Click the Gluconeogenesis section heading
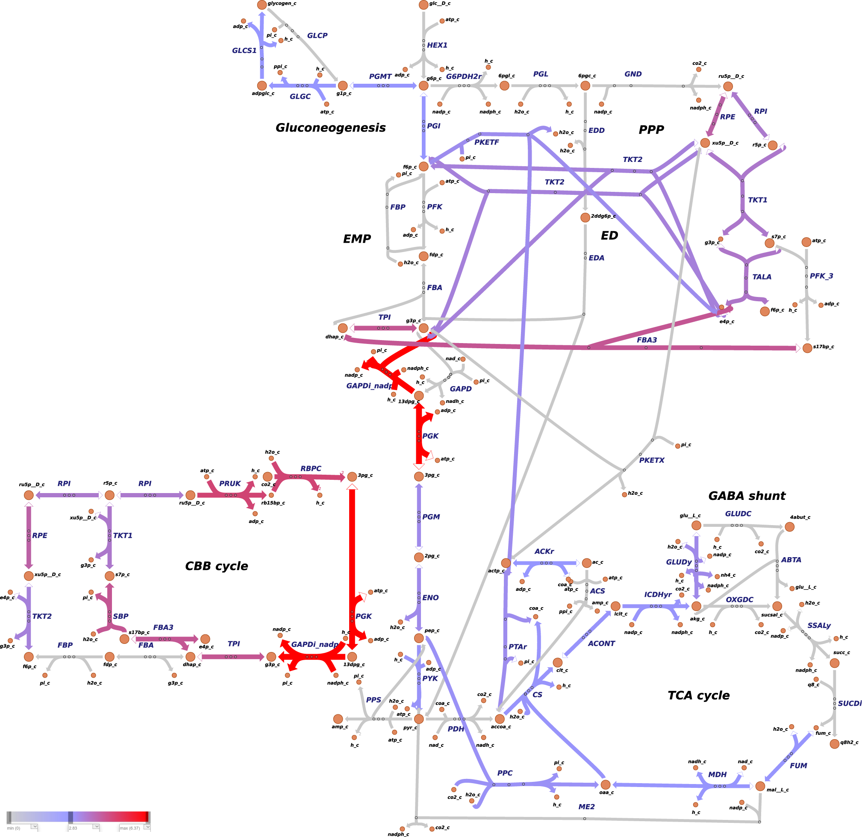tap(330, 127)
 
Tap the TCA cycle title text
tap(698, 695)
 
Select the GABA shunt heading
tap(747, 496)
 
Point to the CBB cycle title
tap(216, 566)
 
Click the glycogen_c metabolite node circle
tap(262, 5)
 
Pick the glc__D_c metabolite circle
tap(424, 5)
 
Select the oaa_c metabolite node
tap(606, 785)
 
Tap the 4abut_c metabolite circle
tap(789, 527)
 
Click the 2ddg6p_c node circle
tap(585, 217)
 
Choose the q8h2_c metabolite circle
tap(835, 744)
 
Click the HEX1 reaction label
tap(437, 45)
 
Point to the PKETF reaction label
tap(486, 142)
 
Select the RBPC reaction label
tap(311, 469)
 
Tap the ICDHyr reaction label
tap(658, 594)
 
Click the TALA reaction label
tap(762, 277)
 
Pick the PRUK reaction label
tap(230, 484)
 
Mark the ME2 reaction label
tap(586, 807)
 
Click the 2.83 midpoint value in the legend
tap(73, 828)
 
